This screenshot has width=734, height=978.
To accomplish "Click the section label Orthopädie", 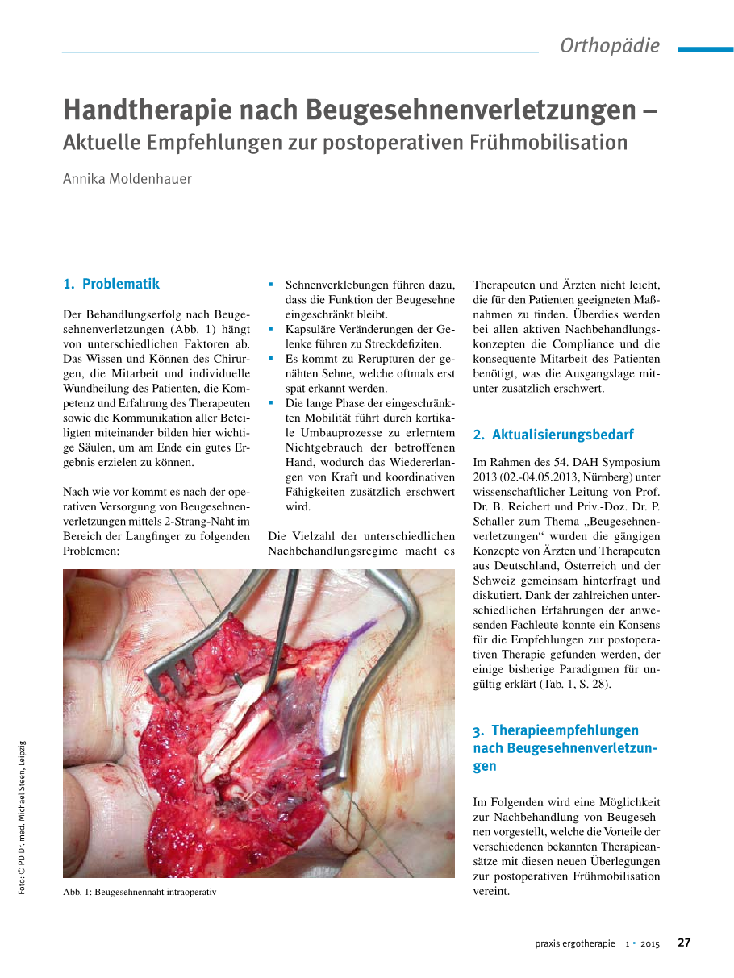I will click(610, 46).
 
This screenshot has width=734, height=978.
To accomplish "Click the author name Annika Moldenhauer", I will click(127, 179).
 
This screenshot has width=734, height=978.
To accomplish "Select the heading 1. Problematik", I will click(111, 284).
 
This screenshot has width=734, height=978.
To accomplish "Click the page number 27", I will click(684, 943).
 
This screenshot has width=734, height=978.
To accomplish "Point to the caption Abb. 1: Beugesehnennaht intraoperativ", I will click(140, 892).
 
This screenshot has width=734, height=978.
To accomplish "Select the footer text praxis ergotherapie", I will click(575, 943).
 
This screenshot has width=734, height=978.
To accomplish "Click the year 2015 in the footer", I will click(650, 943).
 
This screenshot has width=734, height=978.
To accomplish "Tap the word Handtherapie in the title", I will click(140, 109).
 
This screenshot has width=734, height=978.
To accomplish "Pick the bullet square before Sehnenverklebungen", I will click(272, 285).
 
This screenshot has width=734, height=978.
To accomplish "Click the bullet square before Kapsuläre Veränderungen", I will click(272, 329).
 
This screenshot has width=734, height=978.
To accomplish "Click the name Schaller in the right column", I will click(494, 521).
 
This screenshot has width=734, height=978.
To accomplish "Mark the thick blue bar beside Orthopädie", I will click(705, 49).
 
